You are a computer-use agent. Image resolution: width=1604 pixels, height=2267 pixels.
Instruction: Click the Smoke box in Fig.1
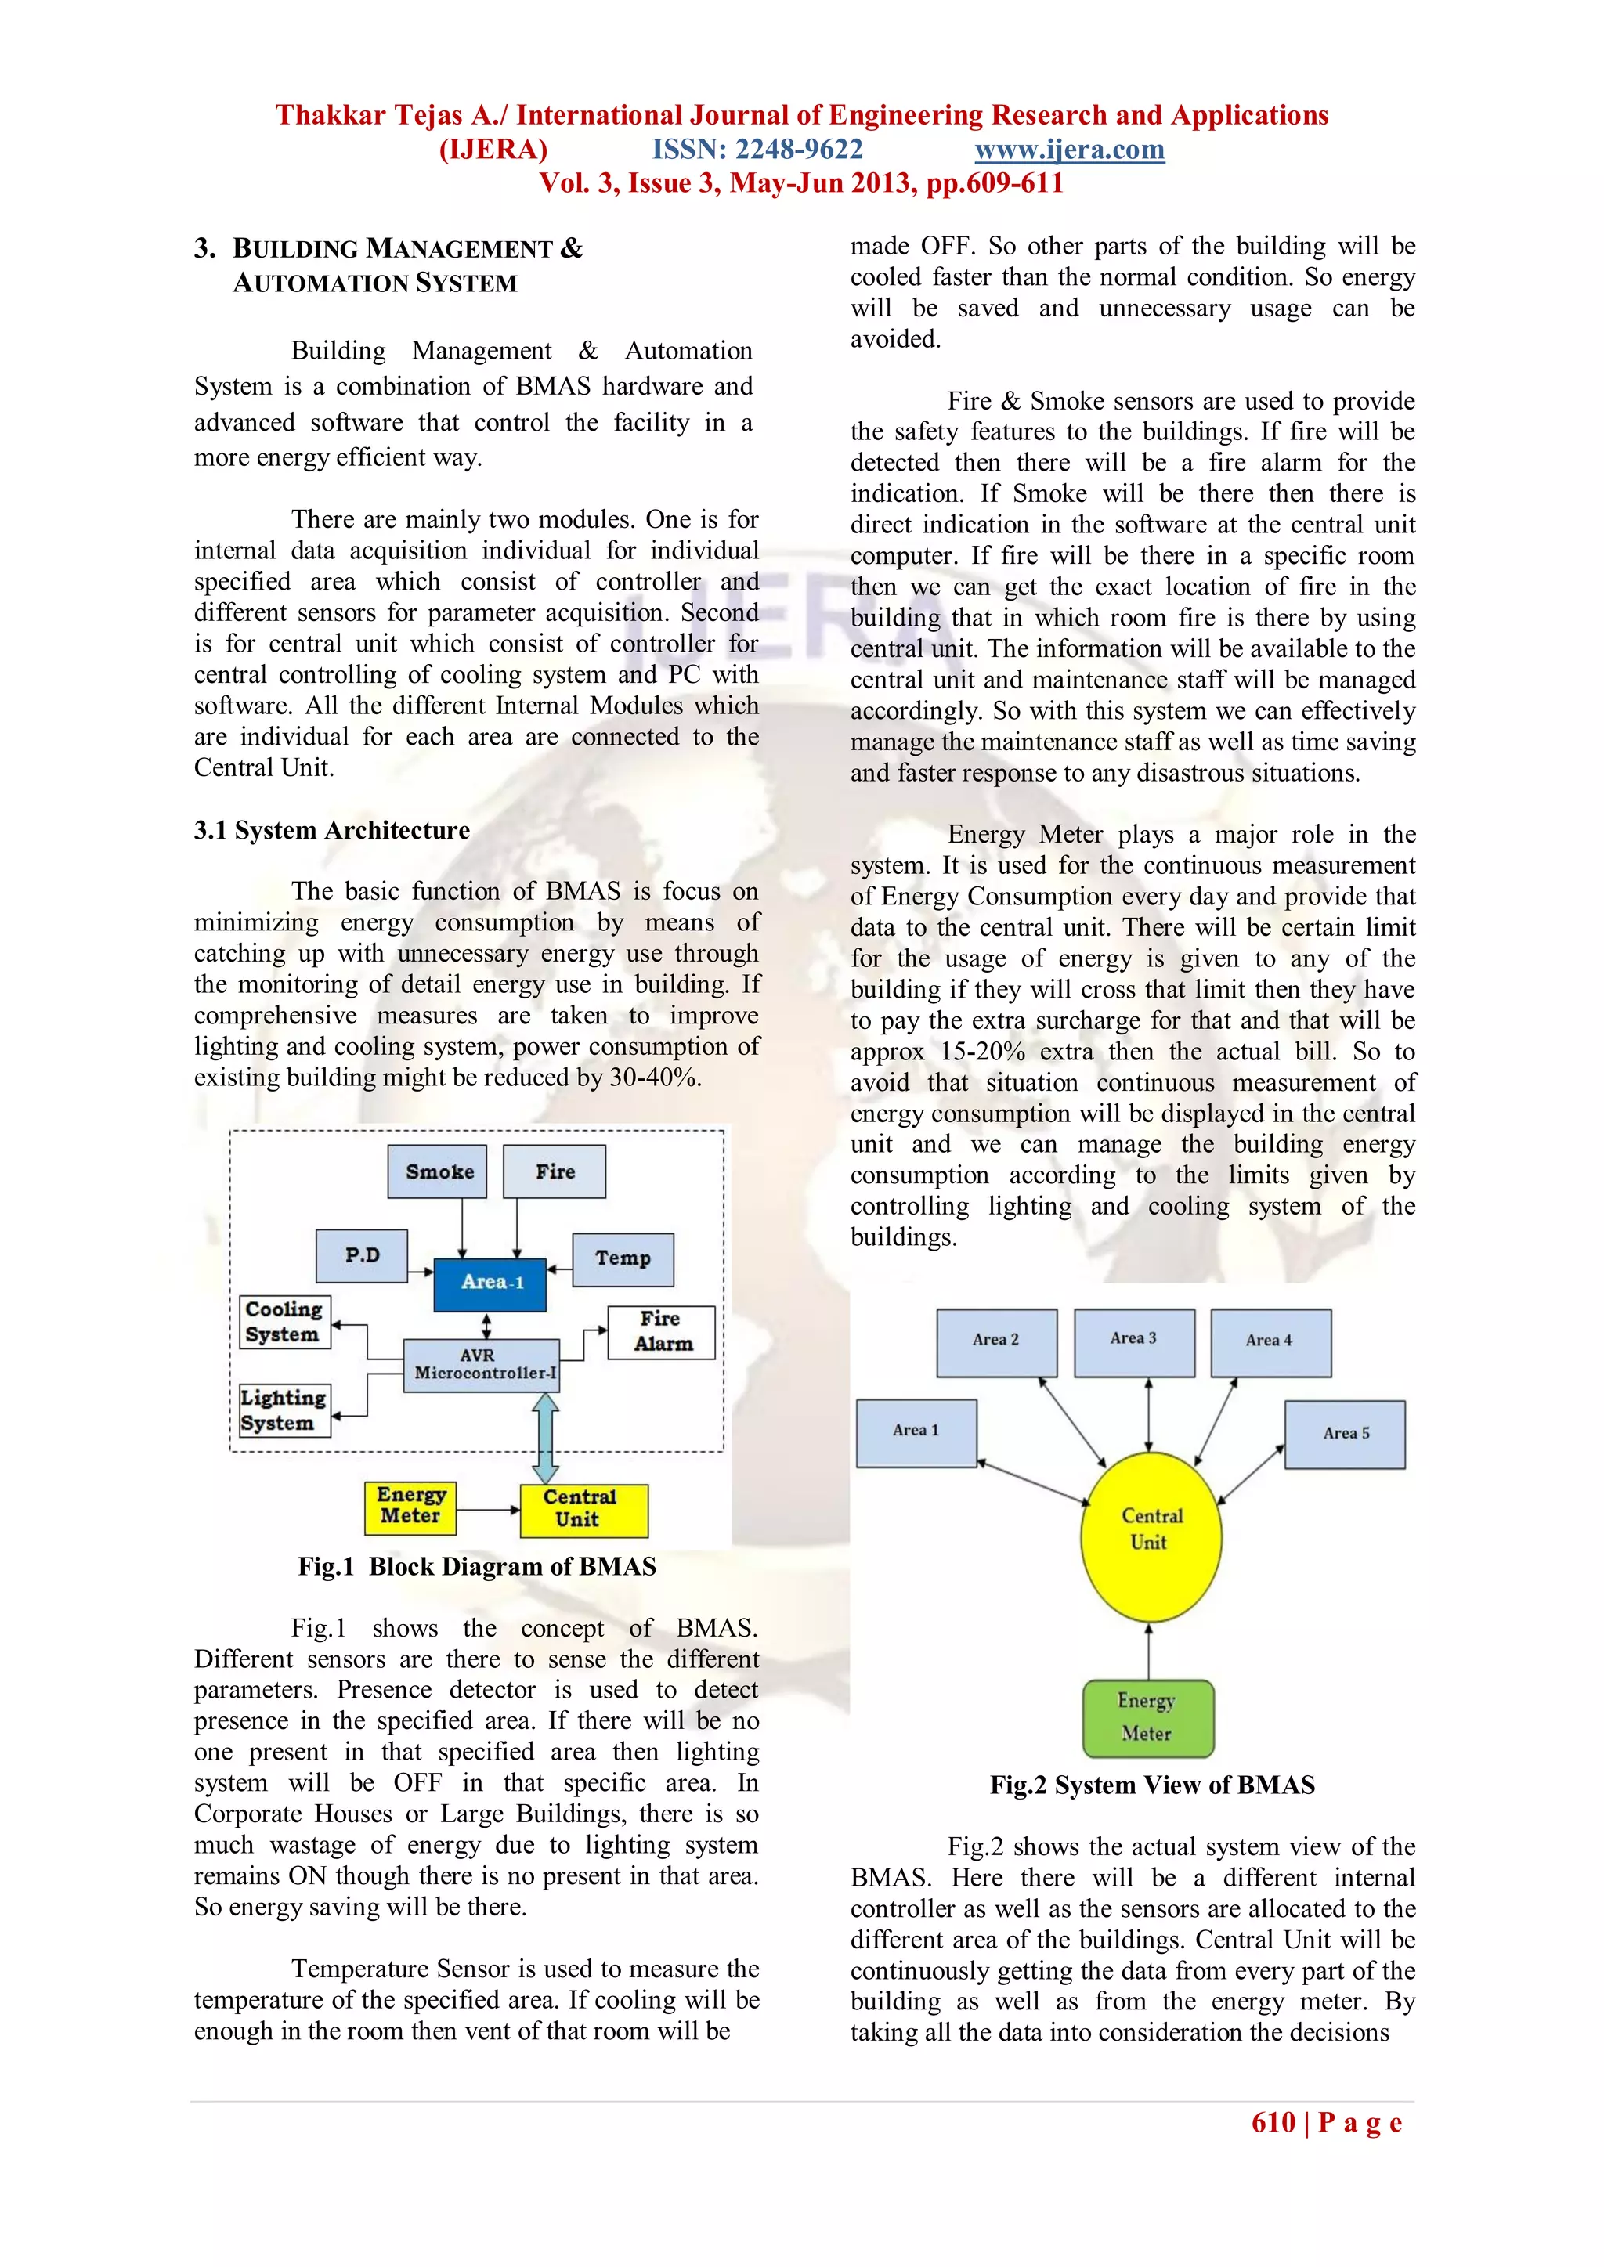coord(438,1171)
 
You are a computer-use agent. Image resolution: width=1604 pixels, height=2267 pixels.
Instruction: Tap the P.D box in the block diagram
coord(362,1255)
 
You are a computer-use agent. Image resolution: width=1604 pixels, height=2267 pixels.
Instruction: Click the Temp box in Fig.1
coord(622,1259)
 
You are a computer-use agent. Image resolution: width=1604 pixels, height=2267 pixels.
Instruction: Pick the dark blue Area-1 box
coord(490,1283)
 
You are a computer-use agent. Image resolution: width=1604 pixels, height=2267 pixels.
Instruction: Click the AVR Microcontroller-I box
coord(482,1365)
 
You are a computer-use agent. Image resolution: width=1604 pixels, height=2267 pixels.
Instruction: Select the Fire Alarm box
coord(661,1332)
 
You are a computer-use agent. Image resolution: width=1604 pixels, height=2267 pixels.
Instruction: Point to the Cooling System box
coord(284,1321)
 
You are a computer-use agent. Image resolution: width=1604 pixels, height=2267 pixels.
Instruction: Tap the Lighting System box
coord(284,1410)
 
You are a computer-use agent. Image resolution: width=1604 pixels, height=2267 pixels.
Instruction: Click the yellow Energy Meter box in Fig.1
coord(410,1507)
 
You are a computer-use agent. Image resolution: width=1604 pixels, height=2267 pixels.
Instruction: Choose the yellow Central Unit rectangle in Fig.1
coord(583,1510)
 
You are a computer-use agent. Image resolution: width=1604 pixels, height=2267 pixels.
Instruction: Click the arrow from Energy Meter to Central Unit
coord(488,1510)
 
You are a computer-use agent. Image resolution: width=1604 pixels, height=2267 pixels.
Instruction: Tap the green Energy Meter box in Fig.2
coord(1147,1718)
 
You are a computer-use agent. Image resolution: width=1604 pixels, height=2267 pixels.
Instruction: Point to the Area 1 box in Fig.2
coord(916,1431)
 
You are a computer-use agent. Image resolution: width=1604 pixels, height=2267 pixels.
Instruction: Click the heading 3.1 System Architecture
coord(332,830)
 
